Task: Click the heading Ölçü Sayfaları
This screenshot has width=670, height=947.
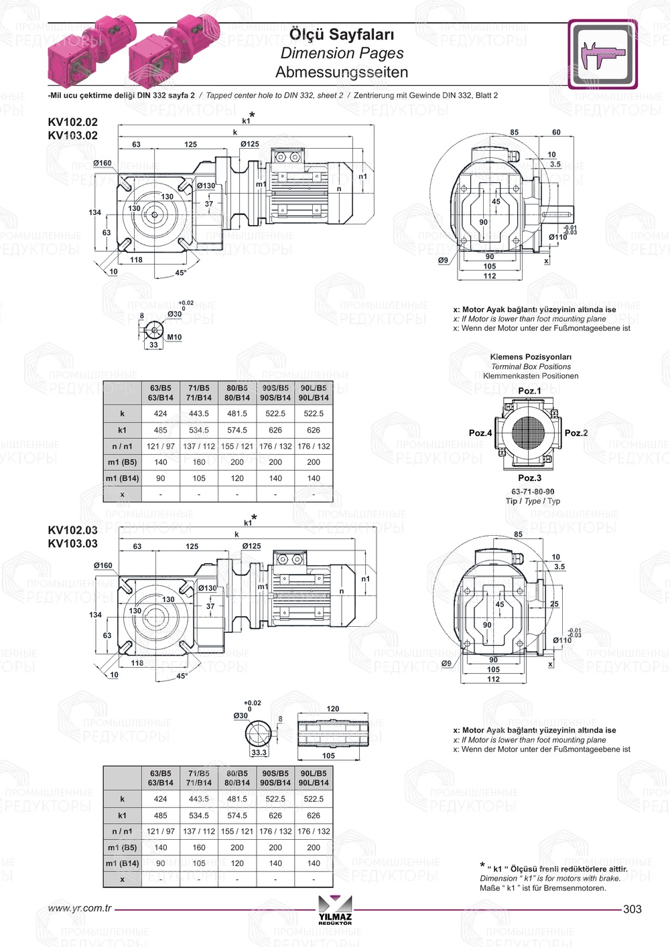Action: click(x=341, y=34)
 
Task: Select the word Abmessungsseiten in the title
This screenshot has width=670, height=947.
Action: click(x=341, y=72)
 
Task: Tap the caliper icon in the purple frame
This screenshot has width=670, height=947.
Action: click(x=602, y=54)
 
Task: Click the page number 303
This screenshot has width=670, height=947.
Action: click(x=632, y=909)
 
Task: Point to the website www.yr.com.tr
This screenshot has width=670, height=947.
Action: click(x=80, y=909)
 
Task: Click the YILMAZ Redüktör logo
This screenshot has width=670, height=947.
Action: click(x=335, y=910)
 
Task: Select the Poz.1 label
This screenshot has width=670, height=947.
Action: click(x=529, y=391)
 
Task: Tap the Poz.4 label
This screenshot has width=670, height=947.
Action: click(x=480, y=433)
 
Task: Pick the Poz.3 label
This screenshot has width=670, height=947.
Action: click(x=529, y=478)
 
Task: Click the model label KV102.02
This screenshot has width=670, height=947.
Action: click(x=72, y=122)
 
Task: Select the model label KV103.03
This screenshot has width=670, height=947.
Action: click(x=72, y=544)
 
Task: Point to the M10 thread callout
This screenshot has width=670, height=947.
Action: click(x=174, y=338)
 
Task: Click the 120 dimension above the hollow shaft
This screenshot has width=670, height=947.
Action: click(x=333, y=709)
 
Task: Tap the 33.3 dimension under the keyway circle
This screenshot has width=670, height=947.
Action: click(x=259, y=753)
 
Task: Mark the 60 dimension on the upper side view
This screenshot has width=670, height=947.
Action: click(x=556, y=133)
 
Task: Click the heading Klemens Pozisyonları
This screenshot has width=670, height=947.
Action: click(x=531, y=357)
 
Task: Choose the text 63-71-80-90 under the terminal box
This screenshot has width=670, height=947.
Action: click(x=533, y=492)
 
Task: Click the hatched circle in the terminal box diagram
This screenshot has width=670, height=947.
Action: click(x=530, y=433)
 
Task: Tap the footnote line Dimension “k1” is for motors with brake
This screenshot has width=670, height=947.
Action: click(x=550, y=879)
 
